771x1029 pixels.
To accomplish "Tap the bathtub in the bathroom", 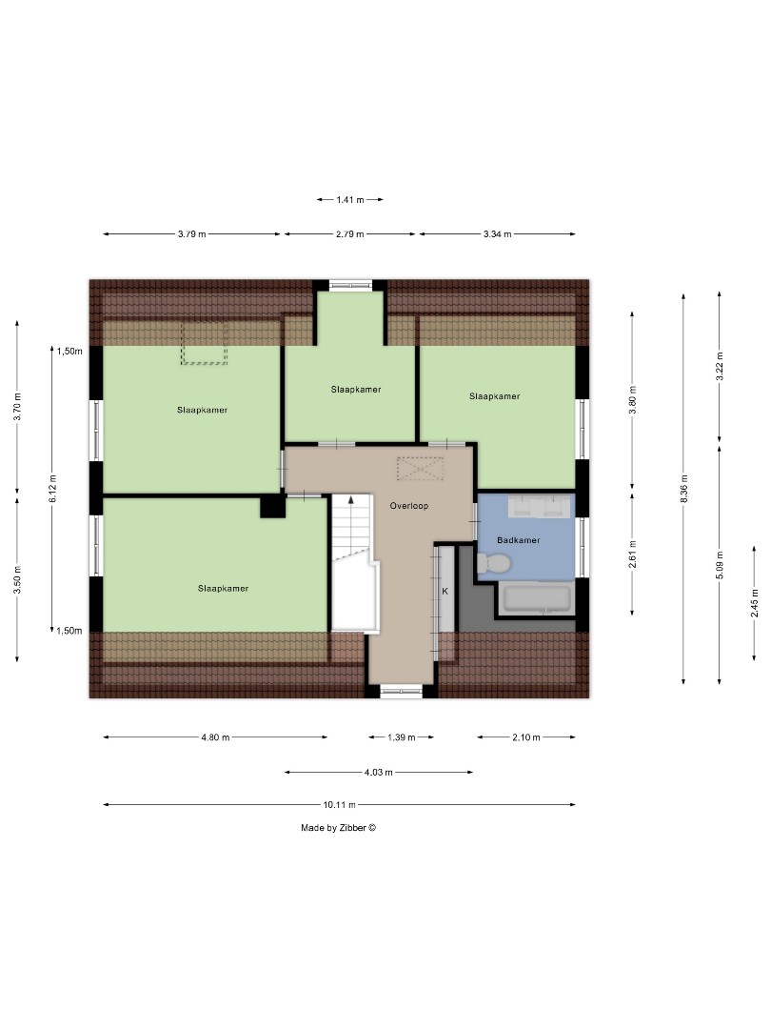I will click(536, 599).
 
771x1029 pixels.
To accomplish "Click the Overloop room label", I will click(409, 506).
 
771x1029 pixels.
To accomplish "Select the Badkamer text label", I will click(519, 540).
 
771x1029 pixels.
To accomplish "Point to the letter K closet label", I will click(444, 591).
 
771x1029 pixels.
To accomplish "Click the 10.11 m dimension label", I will click(338, 804).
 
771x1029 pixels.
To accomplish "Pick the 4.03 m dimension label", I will click(378, 773).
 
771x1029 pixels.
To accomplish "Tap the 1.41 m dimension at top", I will click(350, 200).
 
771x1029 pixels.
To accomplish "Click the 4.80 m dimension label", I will click(215, 737).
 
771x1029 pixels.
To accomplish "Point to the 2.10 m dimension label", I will click(524, 737).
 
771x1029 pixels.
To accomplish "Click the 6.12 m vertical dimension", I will click(54, 490).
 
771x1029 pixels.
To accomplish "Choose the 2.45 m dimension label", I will click(754, 602).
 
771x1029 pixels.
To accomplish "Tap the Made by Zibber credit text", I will click(339, 828).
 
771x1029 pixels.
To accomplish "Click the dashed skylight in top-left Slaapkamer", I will click(205, 343).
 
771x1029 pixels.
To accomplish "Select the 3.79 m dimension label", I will click(191, 234).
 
